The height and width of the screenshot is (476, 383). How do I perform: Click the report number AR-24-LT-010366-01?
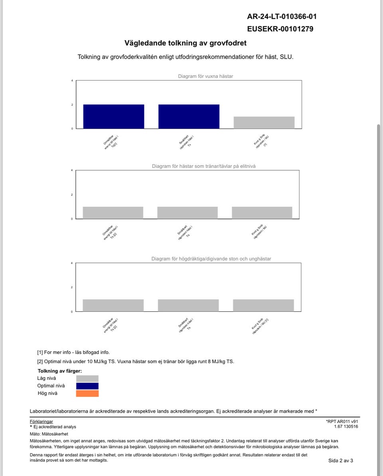(282, 16)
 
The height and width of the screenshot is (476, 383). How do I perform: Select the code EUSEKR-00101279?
(280, 29)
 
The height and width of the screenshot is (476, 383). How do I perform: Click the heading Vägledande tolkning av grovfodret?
(186, 43)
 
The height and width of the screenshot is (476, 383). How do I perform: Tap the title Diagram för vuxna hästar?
(205, 76)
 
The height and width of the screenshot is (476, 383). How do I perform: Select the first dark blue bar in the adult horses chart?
(114, 116)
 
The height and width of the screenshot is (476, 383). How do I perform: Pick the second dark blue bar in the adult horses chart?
(189, 116)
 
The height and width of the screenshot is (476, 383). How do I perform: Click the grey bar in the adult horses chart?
(264, 122)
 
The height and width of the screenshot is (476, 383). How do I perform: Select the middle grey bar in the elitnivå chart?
(188, 212)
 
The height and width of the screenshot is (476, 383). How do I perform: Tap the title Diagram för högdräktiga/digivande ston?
(211, 259)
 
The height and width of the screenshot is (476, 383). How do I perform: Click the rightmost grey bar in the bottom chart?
(263, 305)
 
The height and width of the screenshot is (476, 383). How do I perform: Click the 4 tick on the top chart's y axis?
(72, 81)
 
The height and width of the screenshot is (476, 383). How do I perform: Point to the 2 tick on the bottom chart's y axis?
(72, 287)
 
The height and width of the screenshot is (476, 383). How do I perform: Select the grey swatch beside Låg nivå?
(87, 378)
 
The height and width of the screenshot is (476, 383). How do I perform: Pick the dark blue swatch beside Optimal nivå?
(87, 386)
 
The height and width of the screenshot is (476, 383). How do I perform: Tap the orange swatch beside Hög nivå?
(87, 393)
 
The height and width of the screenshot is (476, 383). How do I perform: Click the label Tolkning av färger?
(59, 371)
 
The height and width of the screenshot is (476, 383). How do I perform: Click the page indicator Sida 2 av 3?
(340, 460)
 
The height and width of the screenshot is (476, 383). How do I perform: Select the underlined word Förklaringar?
(41, 421)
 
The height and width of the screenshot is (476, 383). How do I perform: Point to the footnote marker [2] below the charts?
(40, 362)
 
